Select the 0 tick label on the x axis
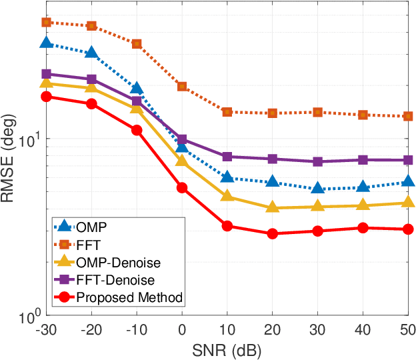[181, 331]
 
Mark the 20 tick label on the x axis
[272, 331]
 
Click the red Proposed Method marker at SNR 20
[272, 234]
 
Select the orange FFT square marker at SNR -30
[46, 22]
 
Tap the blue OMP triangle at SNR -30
[46, 43]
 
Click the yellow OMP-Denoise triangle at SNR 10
[227, 196]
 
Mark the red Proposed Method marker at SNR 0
[181, 188]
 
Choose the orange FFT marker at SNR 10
[227, 112]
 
